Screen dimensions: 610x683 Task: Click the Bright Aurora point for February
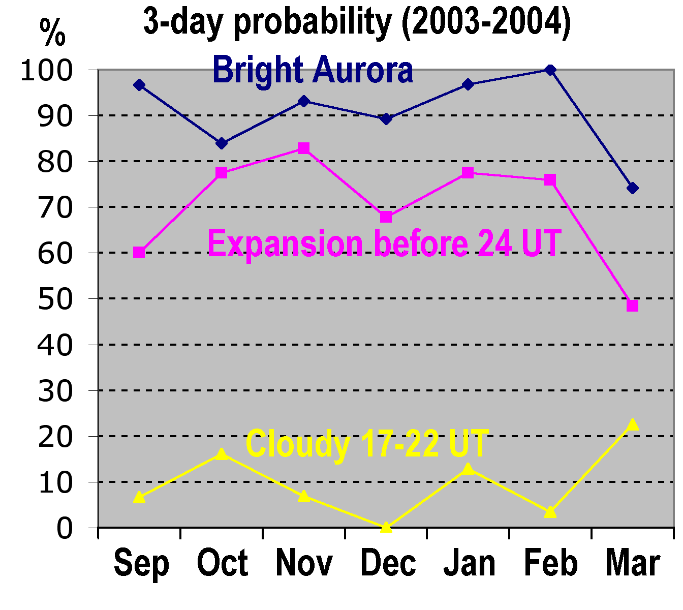coord(550,70)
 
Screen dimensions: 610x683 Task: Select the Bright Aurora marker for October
coord(221,143)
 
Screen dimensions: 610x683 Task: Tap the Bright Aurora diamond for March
coord(633,188)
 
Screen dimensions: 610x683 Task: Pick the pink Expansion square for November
coord(303,148)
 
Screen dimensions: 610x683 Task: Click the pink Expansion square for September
coord(139,252)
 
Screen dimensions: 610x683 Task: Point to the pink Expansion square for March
coord(633,306)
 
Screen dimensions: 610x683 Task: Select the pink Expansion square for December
coord(386,217)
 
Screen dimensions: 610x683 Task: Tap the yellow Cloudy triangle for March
coord(633,424)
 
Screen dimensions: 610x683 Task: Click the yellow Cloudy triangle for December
coord(386,527)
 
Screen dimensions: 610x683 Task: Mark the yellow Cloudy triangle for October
coord(221,454)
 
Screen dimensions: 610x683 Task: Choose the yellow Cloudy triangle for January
coord(468,469)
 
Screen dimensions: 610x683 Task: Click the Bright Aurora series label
coord(313,70)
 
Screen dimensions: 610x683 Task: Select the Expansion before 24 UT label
coord(385,243)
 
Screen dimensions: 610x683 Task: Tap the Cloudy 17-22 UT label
coord(367,443)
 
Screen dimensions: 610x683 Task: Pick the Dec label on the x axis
coord(388,563)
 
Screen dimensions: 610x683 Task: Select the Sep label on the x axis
coord(141,563)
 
